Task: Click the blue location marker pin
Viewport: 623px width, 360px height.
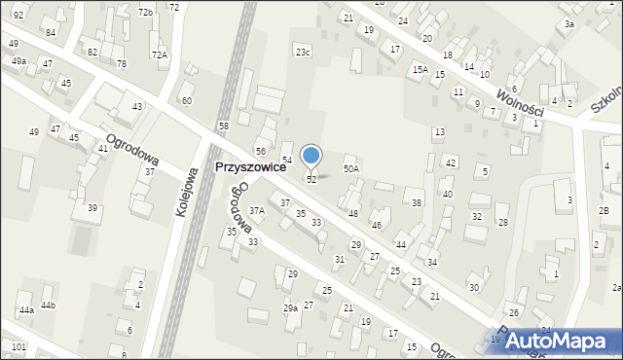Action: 311,156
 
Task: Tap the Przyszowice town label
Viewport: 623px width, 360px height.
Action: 250,167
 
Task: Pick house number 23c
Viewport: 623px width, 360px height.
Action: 304,52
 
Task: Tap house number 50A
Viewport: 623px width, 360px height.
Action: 351,169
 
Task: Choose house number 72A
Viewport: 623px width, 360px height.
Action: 160,54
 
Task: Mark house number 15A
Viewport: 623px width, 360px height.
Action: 420,69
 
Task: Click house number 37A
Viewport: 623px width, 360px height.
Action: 257,210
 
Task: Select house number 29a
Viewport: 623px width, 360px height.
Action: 290,307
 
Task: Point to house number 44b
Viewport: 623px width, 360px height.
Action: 48,306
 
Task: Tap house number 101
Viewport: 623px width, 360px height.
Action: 18,346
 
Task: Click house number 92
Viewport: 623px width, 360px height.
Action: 18,16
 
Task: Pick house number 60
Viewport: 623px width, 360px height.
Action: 187,101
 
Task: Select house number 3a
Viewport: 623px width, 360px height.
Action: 569,23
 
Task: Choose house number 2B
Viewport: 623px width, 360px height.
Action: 604,211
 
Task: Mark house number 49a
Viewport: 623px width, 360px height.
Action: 18,61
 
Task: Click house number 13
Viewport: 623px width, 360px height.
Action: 440,131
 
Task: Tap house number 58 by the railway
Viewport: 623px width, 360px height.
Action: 224,127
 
